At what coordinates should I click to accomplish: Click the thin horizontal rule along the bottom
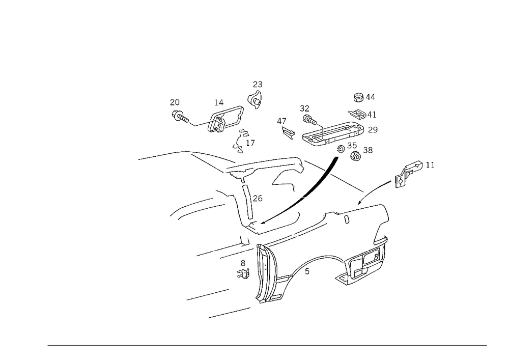[267, 345]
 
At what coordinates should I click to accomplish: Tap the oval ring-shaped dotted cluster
[224, 119]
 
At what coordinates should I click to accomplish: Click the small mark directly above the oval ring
[218, 103]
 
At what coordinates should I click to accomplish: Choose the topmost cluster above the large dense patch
[364, 96]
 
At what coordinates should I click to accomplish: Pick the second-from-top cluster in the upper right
[362, 113]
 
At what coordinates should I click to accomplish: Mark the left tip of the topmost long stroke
[139, 159]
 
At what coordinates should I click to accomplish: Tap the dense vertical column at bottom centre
[265, 275]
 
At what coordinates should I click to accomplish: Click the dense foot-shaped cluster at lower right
[359, 270]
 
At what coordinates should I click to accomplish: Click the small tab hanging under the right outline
[347, 219]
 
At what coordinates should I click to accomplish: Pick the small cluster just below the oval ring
[243, 139]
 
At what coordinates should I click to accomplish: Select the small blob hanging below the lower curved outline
[306, 270]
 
